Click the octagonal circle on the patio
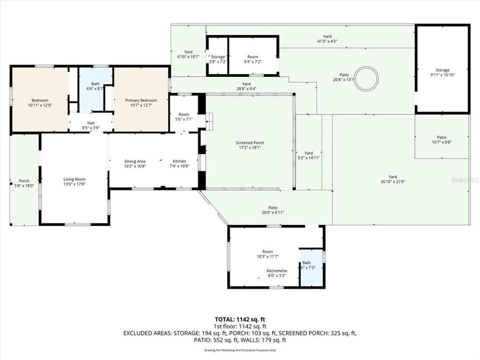(x=366, y=78)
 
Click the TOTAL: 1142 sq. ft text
(x=240, y=318)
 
